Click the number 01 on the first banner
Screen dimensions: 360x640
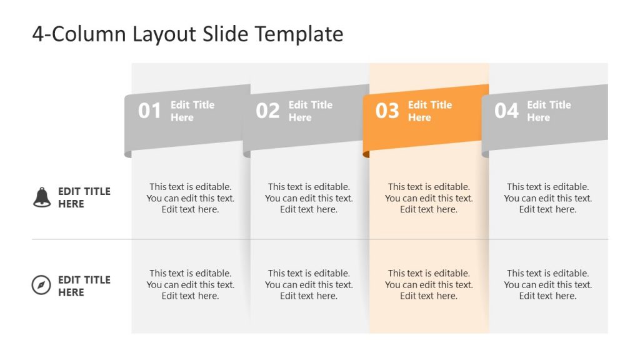coord(150,111)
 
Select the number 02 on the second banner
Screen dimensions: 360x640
coord(267,111)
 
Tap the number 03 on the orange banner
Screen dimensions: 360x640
coord(387,111)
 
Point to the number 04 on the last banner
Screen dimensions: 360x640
coord(506,111)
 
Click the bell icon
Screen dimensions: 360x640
coord(41,197)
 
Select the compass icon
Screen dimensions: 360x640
coord(41,286)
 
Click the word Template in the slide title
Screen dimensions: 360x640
coord(299,34)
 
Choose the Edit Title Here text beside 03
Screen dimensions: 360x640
coord(430,111)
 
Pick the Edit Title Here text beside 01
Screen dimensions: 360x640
coord(192,111)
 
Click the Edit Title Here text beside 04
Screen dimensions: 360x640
coord(549,111)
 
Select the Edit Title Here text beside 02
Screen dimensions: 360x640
coord(311,111)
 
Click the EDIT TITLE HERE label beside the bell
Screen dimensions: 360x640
coord(84,197)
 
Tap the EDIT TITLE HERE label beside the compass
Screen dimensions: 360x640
coord(84,286)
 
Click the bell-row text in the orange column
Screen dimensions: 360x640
coord(429,198)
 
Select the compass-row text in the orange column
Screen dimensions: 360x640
coord(429,284)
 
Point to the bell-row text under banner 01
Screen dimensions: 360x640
coord(191,198)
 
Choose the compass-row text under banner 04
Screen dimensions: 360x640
coord(548,284)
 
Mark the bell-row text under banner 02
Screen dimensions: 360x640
coord(309,198)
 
